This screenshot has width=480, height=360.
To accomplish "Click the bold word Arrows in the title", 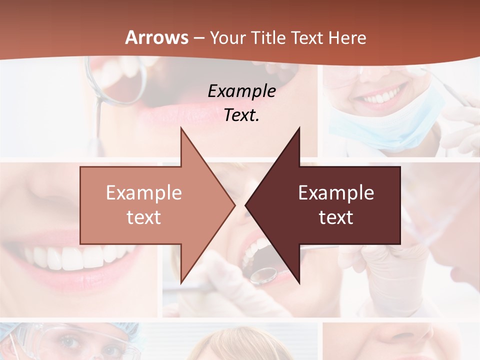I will click(x=156, y=37).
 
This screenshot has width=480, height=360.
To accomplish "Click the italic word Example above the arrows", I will click(x=241, y=91).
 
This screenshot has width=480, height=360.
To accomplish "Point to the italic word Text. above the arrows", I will click(x=241, y=115).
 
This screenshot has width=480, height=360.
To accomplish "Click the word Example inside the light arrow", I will click(x=144, y=192).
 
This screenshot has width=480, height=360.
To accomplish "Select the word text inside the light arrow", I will click(x=144, y=217).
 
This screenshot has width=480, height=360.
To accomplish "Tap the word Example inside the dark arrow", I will click(x=336, y=192).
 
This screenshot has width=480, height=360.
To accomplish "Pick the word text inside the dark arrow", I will click(x=336, y=217).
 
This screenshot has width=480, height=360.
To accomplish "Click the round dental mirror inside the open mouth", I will click(x=263, y=275).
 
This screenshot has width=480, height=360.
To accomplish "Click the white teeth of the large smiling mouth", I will click(x=80, y=257).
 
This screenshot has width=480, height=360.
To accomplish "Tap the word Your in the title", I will click(x=228, y=37).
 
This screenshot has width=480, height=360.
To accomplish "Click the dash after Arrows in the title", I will click(x=198, y=38).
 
